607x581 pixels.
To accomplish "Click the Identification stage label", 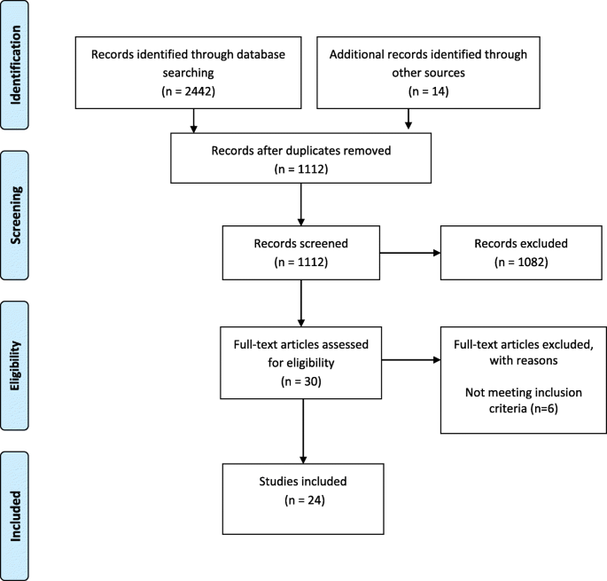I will pos(29,67).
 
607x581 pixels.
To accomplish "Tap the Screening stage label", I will pos(29,203).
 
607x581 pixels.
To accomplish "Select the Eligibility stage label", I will pos(29,354).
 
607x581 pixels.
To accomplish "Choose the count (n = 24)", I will pos(303,501).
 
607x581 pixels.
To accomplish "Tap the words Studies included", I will pos(303,483).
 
